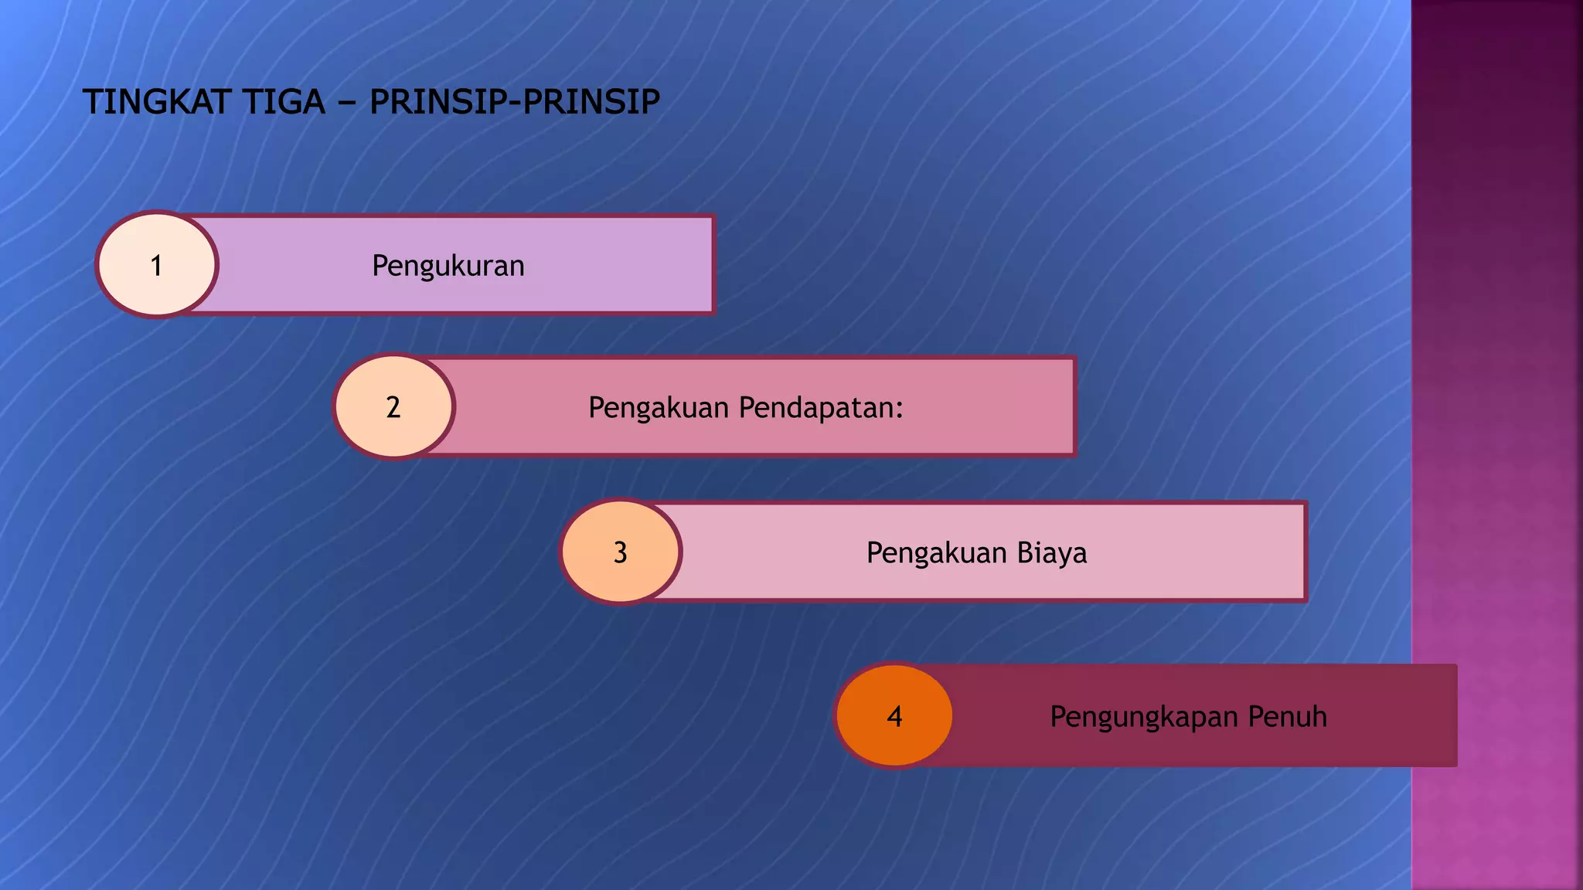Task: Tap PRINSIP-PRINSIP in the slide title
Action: click(515, 102)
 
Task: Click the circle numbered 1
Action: click(157, 264)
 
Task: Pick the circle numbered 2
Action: click(393, 406)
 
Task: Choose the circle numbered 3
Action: click(620, 552)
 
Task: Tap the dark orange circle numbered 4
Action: click(894, 715)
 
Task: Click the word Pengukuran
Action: click(448, 266)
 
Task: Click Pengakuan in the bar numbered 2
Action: click(659, 408)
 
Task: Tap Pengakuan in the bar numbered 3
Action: click(936, 553)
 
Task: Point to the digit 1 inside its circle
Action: click(157, 266)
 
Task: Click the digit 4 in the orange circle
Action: click(894, 717)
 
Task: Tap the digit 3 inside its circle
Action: click(620, 553)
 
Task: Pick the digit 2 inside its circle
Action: click(393, 408)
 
